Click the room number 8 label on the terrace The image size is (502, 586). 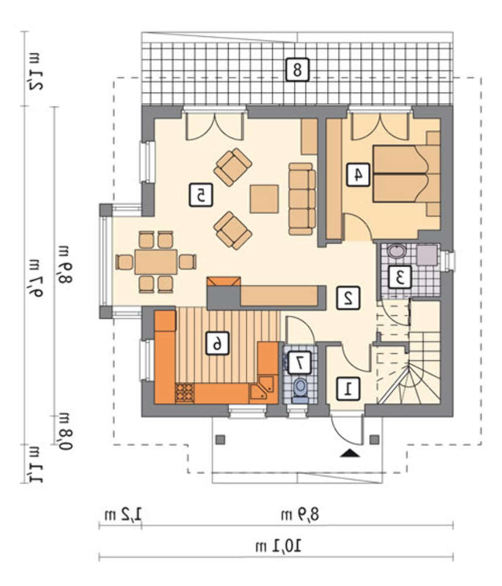[x=297, y=70]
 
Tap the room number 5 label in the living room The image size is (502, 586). [x=201, y=195]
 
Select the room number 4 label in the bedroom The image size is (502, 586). [x=358, y=175]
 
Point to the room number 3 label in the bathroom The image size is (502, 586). [x=399, y=277]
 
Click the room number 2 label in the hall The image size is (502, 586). [x=348, y=298]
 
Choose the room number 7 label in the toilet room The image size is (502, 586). [x=299, y=362]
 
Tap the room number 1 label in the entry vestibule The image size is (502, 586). [x=348, y=389]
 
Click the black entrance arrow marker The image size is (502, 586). [x=350, y=453]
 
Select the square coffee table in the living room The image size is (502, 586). [x=264, y=199]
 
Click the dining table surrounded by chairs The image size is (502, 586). [x=156, y=262]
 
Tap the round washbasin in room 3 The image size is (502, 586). [x=396, y=251]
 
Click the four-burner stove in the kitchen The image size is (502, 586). [x=185, y=393]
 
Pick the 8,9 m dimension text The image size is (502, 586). [x=300, y=515]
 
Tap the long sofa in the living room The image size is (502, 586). [x=302, y=199]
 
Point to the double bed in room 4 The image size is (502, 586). [x=406, y=173]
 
